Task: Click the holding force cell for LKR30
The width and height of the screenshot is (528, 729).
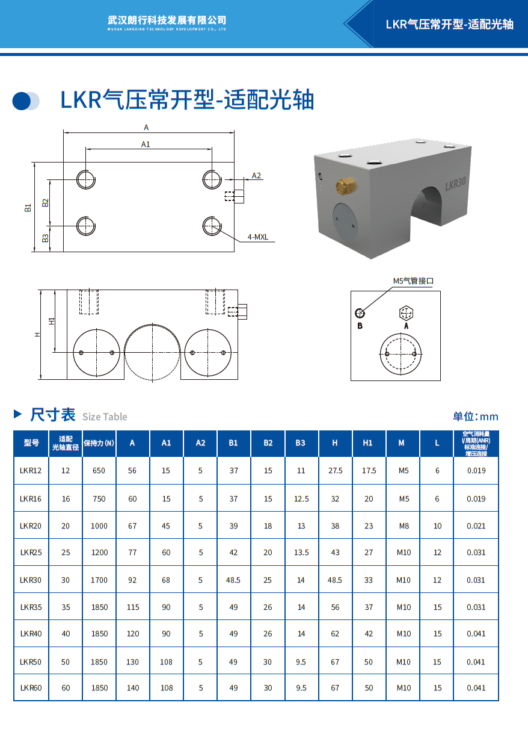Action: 99,580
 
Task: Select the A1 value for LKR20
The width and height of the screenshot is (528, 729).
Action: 166,526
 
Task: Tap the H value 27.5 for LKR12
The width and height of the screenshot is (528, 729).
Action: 335,471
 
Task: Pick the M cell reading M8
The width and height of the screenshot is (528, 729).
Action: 404,526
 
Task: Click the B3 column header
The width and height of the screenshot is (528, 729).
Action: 300,443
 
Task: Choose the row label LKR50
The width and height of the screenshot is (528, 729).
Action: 31,662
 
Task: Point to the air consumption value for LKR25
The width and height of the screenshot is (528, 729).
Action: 476,552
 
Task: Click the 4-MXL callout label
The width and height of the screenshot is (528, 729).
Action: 258,237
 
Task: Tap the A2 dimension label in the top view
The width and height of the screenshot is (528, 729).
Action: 256,175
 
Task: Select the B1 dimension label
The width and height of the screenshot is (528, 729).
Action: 28,208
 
